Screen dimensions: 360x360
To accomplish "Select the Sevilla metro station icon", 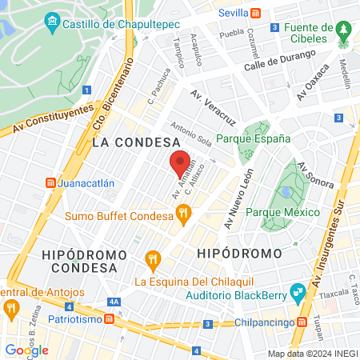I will (x=255, y=14).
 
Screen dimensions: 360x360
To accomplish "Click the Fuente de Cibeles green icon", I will (x=345, y=30).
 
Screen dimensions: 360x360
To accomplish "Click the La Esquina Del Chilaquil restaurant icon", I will (x=153, y=258).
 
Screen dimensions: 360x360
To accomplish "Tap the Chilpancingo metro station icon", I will (x=302, y=322).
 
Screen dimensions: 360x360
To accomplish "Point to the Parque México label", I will (x=282, y=212).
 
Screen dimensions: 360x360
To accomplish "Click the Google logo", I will (x=26, y=350).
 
